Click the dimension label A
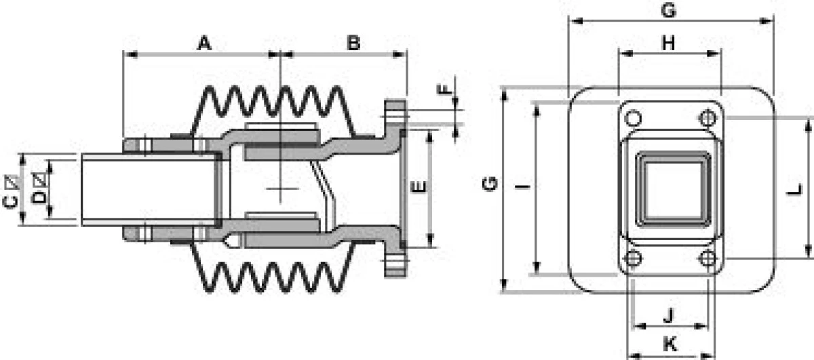[204, 43]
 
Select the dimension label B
[353, 43]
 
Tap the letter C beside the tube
[11, 202]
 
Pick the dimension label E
[419, 187]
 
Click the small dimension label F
[444, 89]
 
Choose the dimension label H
[669, 43]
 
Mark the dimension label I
[522, 186]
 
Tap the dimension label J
[669, 315]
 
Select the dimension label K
[670, 344]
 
